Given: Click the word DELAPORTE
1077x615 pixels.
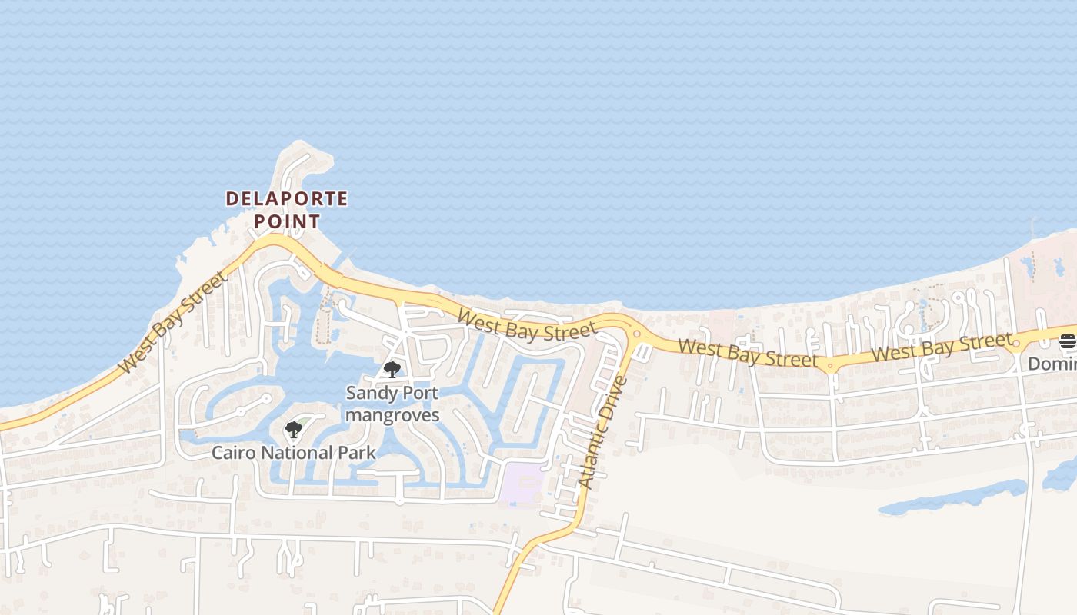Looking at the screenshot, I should click(x=286, y=199).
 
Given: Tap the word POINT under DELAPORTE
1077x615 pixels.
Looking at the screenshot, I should click(x=286, y=221).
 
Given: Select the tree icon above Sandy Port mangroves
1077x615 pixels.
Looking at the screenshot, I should click(x=392, y=370).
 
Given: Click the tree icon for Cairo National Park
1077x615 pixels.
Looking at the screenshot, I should click(x=293, y=430).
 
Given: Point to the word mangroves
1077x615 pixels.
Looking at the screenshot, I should click(x=392, y=415).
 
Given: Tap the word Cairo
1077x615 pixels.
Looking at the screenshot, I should click(x=233, y=453).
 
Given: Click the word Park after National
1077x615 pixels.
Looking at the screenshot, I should click(x=358, y=453).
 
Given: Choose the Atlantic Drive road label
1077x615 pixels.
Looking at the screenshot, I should click(x=603, y=432).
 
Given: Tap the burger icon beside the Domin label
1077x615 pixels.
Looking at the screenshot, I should click(x=1067, y=341).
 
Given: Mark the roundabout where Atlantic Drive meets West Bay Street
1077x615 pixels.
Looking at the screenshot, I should click(x=636, y=334).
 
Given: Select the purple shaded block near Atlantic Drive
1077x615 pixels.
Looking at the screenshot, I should click(x=522, y=484).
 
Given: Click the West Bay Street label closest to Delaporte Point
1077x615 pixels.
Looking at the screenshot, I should click(x=174, y=322).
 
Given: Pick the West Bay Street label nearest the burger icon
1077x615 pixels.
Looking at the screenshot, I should click(x=942, y=347).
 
